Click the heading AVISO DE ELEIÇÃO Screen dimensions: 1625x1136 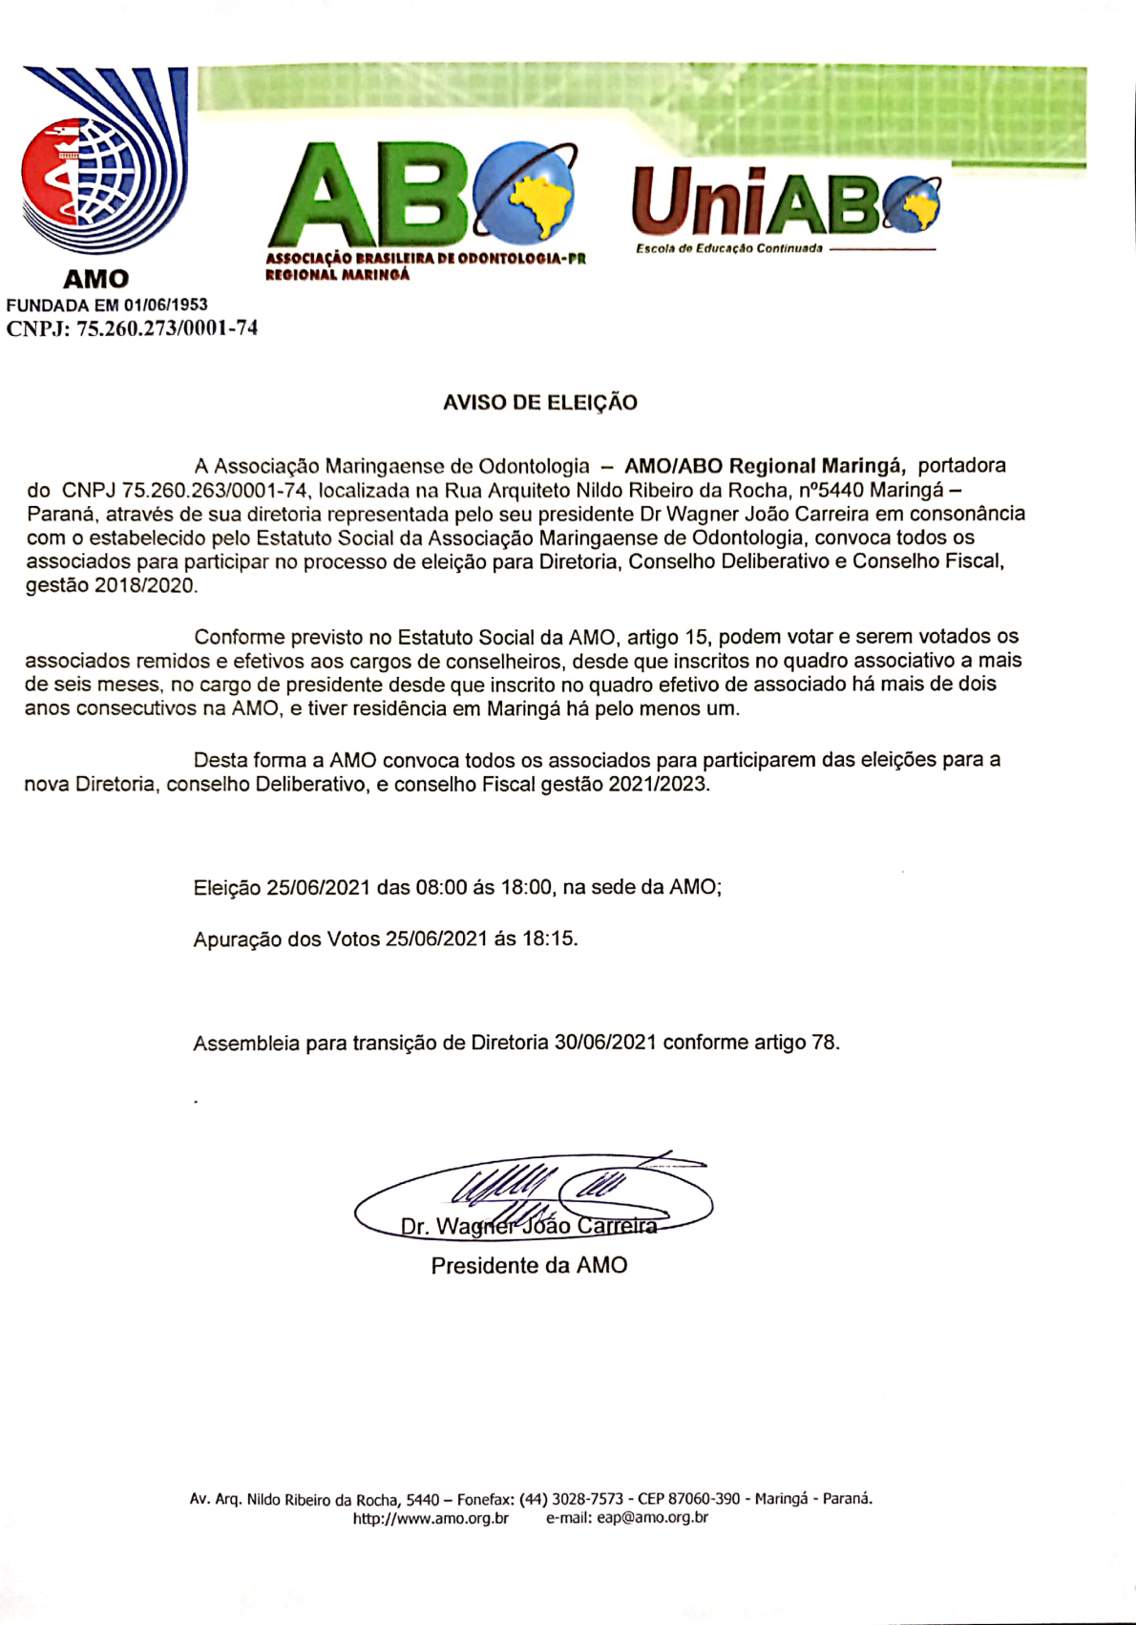pyautogui.click(x=539, y=403)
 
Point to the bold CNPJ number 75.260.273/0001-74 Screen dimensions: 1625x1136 pyautogui.click(x=167, y=329)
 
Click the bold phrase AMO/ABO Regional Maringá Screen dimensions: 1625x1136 pyautogui.click(x=765, y=466)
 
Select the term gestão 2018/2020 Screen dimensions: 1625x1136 pyautogui.click(x=112, y=585)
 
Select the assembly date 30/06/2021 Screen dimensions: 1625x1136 pyautogui.click(x=605, y=1043)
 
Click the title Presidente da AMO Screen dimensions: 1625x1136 pyautogui.click(x=529, y=1266)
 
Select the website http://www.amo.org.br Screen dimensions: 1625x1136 pyautogui.click(x=431, y=1518)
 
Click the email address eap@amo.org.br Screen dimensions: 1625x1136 pyautogui.click(x=653, y=1518)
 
